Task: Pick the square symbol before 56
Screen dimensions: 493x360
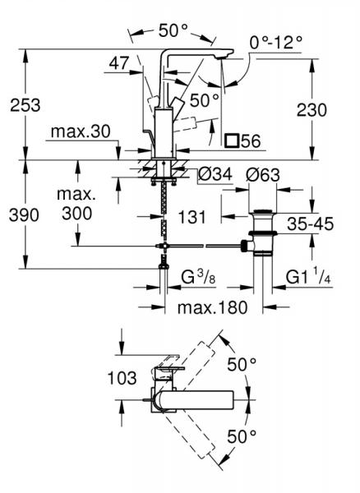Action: coord(232,141)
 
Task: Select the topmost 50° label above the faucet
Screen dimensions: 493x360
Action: coord(173,30)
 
